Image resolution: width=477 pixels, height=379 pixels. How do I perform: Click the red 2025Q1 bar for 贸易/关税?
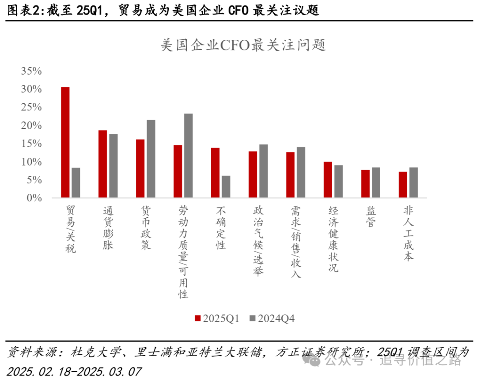[65, 142]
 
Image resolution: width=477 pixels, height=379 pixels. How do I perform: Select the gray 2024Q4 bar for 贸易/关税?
[76, 183]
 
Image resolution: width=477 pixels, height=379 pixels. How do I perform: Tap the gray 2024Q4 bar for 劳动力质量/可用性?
[189, 155]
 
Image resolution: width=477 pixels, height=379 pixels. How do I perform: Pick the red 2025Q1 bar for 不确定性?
[215, 173]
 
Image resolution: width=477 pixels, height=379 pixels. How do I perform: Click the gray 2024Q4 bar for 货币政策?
[151, 159]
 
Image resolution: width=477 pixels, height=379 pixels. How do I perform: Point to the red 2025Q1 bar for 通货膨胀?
[102, 164]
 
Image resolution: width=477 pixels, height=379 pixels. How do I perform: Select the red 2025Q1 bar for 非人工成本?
[403, 185]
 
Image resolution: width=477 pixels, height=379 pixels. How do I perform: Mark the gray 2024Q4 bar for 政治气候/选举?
[264, 171]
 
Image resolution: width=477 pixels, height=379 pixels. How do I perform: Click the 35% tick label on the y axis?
[31, 71]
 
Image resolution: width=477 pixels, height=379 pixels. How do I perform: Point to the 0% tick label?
[34, 198]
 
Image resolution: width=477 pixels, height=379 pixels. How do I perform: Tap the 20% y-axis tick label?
[31, 125]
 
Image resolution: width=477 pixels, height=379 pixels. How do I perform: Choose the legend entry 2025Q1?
[216, 318]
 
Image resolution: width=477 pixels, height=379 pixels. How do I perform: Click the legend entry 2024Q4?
[271, 318]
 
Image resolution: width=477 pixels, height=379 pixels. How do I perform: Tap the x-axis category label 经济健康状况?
[333, 239]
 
